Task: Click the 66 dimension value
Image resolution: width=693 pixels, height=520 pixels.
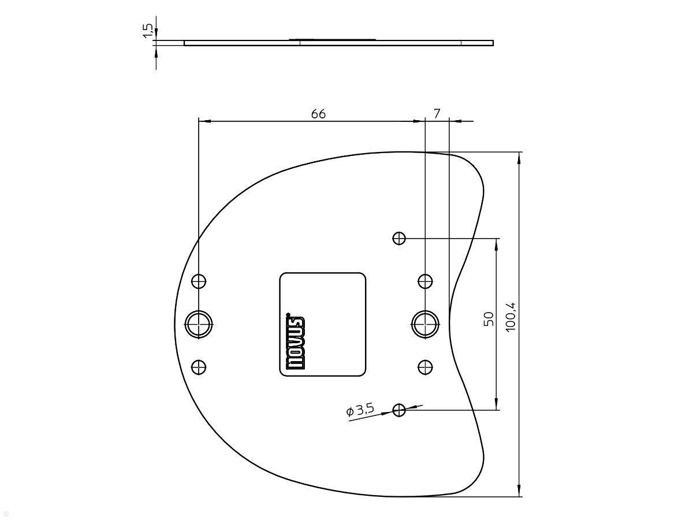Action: click(318, 114)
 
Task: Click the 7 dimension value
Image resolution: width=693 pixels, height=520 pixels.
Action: click(437, 114)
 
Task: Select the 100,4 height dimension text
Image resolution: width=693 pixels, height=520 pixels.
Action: click(511, 317)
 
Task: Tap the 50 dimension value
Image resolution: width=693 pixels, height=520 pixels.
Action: click(489, 319)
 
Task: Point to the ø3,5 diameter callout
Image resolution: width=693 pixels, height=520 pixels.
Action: click(360, 410)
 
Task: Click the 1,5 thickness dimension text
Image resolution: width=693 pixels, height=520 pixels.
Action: click(148, 31)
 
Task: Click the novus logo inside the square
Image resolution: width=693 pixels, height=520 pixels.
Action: click(295, 342)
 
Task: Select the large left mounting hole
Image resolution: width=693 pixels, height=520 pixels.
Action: click(199, 324)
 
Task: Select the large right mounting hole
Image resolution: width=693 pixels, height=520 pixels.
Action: click(426, 324)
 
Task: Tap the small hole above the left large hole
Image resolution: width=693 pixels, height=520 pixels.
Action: click(199, 281)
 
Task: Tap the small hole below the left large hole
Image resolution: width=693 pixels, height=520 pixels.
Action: click(199, 367)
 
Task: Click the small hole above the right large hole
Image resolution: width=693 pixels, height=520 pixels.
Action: click(426, 281)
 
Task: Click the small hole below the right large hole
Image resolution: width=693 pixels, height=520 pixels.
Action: click(426, 366)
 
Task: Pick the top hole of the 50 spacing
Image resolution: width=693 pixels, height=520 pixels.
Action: click(399, 238)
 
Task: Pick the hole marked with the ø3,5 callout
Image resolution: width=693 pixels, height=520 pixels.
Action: click(399, 410)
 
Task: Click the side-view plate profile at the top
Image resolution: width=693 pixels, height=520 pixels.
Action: click(338, 42)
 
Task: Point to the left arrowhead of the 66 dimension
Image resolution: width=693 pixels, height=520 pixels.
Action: click(203, 121)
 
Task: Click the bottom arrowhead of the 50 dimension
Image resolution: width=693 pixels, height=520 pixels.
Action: click(497, 406)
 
